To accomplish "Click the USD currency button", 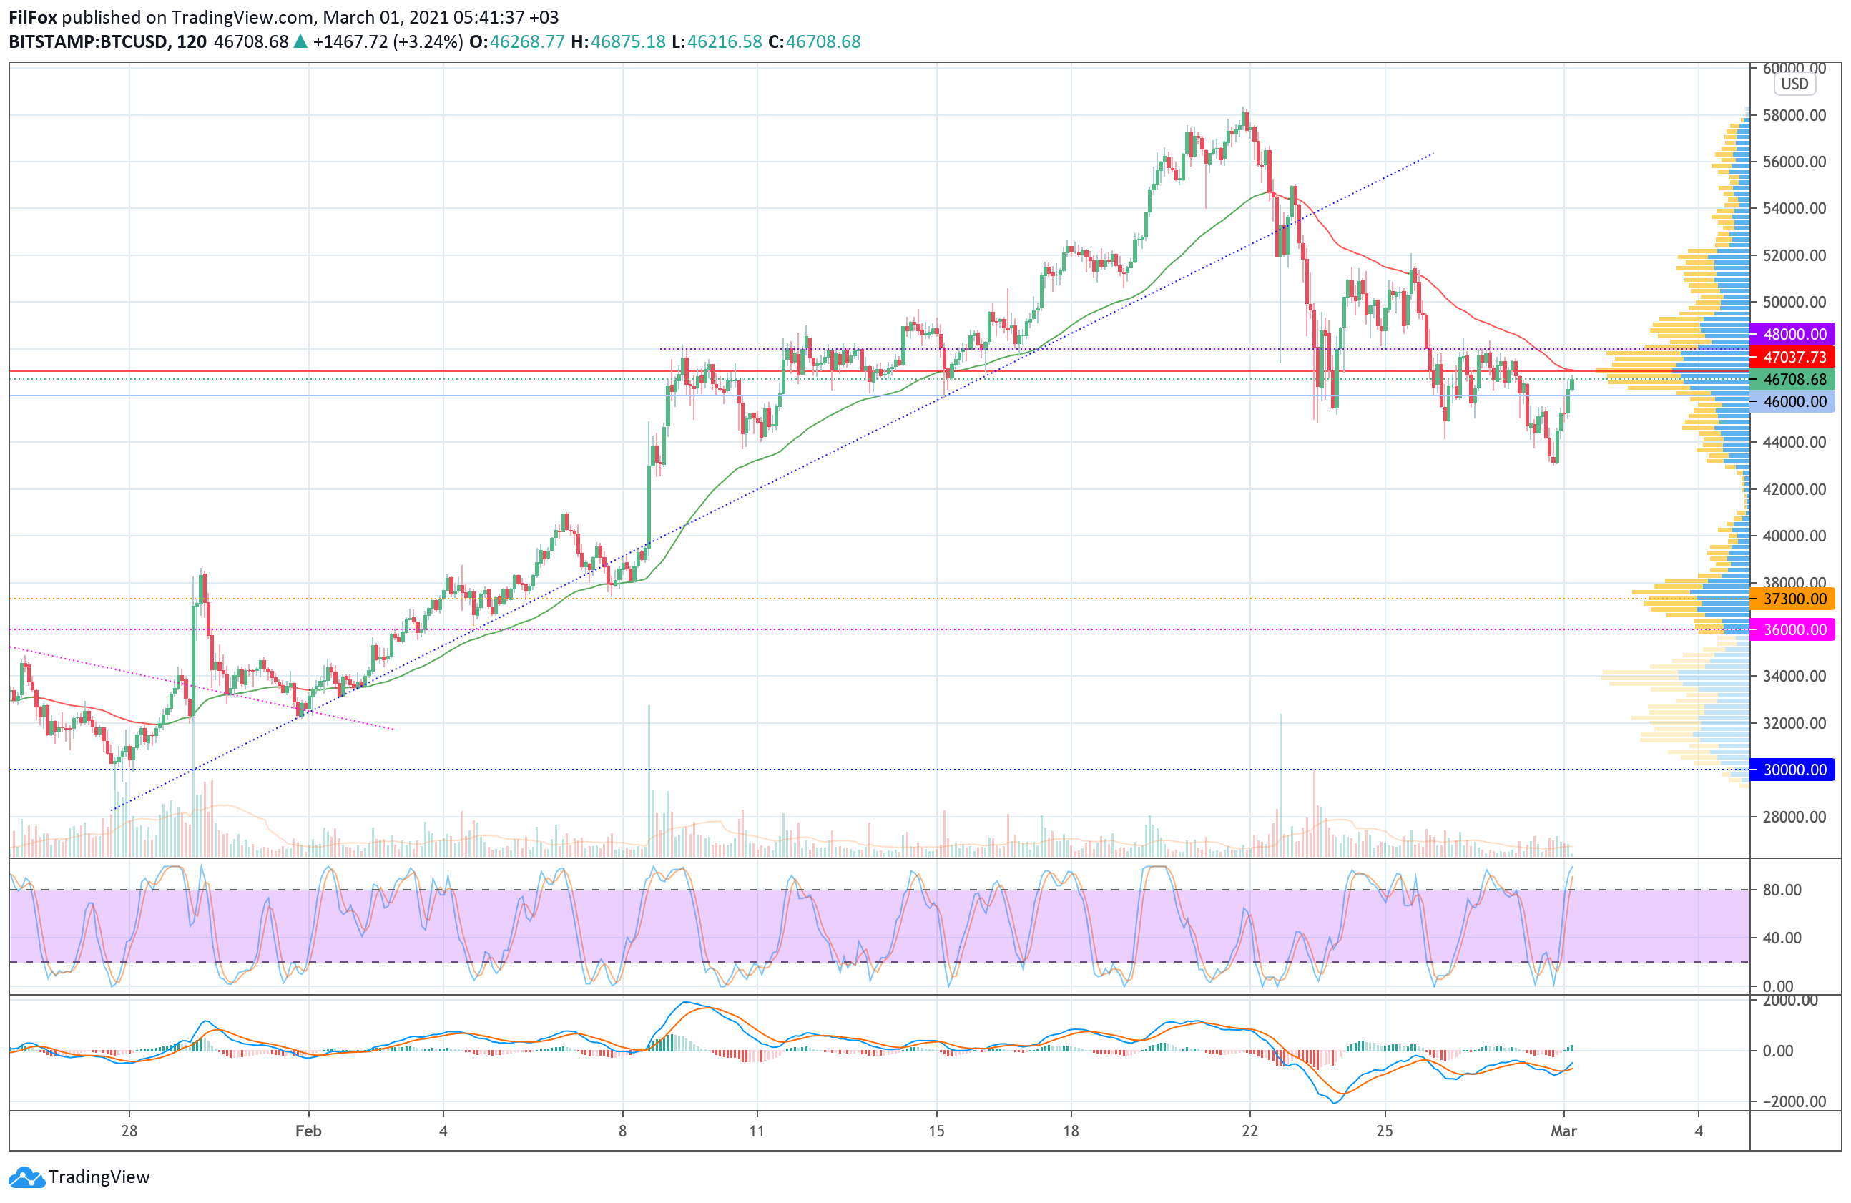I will click(x=1795, y=84).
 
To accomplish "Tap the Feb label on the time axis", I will click(x=308, y=1131).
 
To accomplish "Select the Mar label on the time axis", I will click(x=1563, y=1131).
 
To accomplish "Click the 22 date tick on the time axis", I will click(x=1249, y=1131).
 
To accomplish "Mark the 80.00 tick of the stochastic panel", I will click(x=1782, y=890).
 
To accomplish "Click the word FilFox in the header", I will click(x=33, y=17).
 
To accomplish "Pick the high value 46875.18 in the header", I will click(x=628, y=42).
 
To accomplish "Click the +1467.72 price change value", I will click(x=350, y=42).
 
